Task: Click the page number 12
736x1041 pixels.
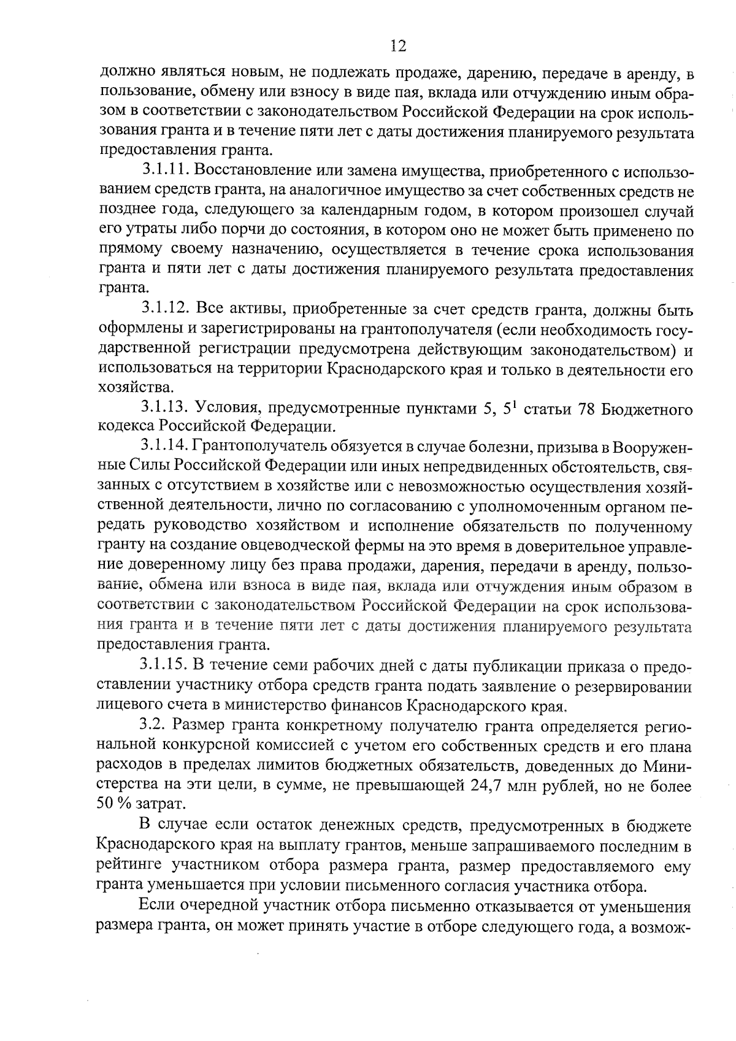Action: [397, 46]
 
